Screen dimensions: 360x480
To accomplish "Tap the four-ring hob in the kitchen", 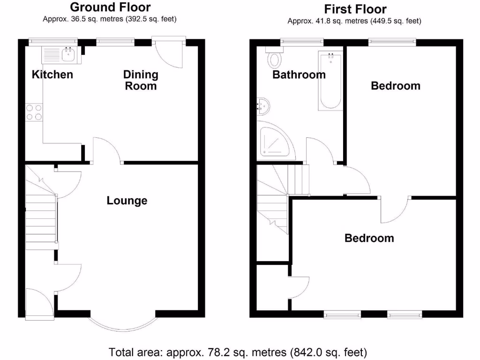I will pos(34,112).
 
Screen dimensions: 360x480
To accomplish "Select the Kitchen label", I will pos(52,75).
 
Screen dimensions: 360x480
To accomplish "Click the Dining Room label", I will pos(141,80).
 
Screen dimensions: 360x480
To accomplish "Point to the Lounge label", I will pos(127,201).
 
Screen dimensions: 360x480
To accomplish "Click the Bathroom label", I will pos(299,75).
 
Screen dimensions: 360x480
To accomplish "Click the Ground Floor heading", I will pos(110,7).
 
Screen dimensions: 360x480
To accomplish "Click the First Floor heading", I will pos(355,9).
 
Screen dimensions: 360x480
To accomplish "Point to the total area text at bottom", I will pos(238,352).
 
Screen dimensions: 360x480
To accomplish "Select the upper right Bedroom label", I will pos(396,86).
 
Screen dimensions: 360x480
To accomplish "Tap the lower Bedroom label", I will pos(369,238).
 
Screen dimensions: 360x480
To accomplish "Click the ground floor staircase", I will pos(40,216).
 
